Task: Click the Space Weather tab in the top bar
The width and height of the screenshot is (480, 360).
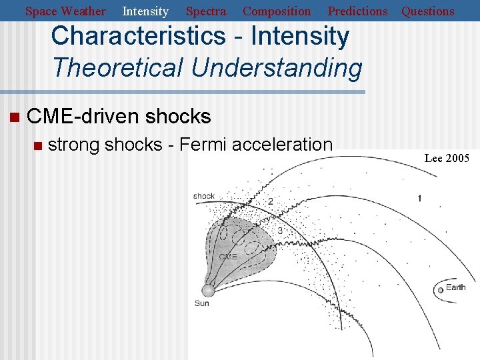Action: pyautogui.click(x=65, y=11)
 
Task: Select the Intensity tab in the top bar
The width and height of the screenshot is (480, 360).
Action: pyautogui.click(x=145, y=11)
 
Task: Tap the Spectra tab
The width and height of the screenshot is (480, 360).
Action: pyautogui.click(x=205, y=11)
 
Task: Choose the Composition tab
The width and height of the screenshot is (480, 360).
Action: pyautogui.click(x=277, y=11)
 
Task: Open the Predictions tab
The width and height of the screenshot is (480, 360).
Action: pyautogui.click(x=357, y=11)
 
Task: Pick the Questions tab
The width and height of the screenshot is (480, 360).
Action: pyautogui.click(x=428, y=11)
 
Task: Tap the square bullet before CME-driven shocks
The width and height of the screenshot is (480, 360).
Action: pyautogui.click(x=13, y=118)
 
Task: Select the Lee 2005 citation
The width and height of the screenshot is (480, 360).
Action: pyautogui.click(x=447, y=158)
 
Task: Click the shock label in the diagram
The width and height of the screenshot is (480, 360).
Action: pyautogui.click(x=204, y=196)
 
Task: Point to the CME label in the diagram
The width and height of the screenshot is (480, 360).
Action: pyautogui.click(x=227, y=257)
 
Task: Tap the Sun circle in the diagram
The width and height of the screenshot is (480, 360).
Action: pyautogui.click(x=209, y=290)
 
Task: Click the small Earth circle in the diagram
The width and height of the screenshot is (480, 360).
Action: pyautogui.click(x=440, y=290)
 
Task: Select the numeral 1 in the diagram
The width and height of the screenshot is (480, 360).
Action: pyautogui.click(x=419, y=198)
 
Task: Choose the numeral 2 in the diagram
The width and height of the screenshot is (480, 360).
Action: pyautogui.click(x=270, y=201)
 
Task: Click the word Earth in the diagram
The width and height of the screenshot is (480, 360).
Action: pyautogui.click(x=456, y=287)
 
